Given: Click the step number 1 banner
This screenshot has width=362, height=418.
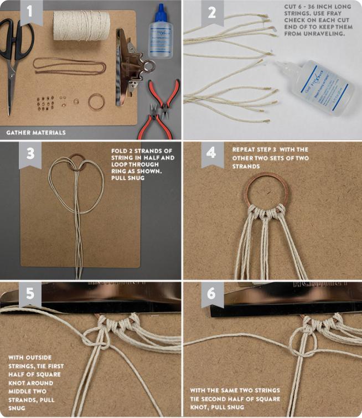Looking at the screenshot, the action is [32, 13].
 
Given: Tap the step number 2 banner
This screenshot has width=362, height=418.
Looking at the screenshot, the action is [212, 13].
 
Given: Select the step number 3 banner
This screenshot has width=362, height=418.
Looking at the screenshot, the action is [30, 154].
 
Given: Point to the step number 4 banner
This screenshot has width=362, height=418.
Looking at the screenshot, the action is [213, 154].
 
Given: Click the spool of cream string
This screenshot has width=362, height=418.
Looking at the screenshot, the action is [81, 26].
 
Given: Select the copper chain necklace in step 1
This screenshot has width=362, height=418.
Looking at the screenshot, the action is [70, 66].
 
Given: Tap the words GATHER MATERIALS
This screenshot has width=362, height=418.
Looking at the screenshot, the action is [36, 132].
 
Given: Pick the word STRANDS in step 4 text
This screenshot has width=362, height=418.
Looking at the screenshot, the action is [246, 166].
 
